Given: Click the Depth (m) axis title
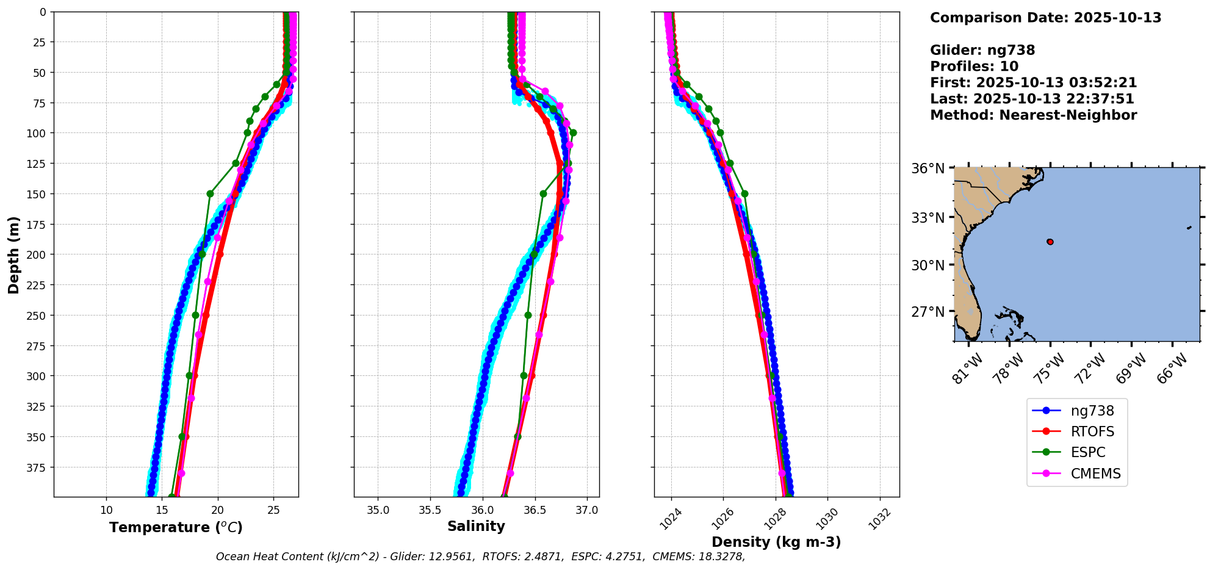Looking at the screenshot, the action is pyautogui.click(x=13, y=254).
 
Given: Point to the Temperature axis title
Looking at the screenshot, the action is pyautogui.click(x=176, y=527).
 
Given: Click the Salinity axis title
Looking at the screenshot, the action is pyautogui.click(x=476, y=526).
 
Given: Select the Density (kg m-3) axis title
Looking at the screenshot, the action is pyautogui.click(x=776, y=542).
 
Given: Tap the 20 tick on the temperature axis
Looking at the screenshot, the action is pyautogui.click(x=218, y=510).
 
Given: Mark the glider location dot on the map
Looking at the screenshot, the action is pyautogui.click(x=1050, y=242).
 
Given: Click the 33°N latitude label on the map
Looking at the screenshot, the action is pyautogui.click(x=928, y=218).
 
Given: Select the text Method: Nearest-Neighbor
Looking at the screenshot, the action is pyautogui.click(x=1033, y=115).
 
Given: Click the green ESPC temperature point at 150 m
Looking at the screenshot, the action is pyautogui.click(x=210, y=193).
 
